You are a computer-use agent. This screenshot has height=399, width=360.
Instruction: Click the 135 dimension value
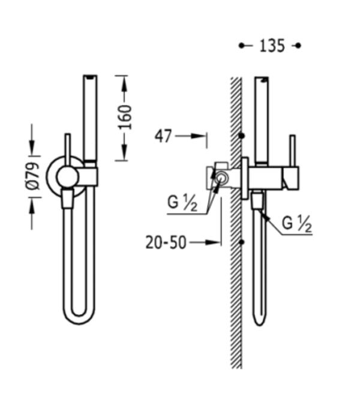pos(272,46)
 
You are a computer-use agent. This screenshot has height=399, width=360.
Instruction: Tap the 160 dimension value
pos(125,117)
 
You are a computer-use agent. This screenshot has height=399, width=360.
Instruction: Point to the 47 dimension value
pos(163,136)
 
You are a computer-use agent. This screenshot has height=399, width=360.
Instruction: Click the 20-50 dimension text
pos(166,242)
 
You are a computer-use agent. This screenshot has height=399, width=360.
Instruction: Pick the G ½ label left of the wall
pos(182,203)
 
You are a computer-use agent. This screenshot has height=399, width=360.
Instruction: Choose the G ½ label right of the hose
pos(297,224)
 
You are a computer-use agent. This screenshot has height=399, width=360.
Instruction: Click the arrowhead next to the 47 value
pos(198,136)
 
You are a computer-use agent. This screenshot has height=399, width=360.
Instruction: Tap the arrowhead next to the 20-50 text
pos(212,242)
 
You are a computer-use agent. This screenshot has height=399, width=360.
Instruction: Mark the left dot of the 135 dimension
pos(241,46)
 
